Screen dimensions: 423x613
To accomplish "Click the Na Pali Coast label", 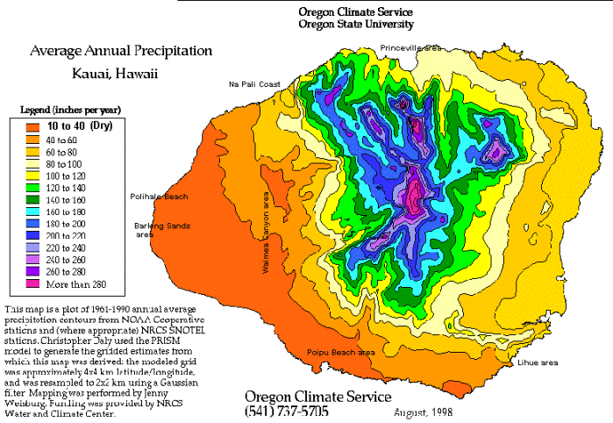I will coord(254,84).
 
